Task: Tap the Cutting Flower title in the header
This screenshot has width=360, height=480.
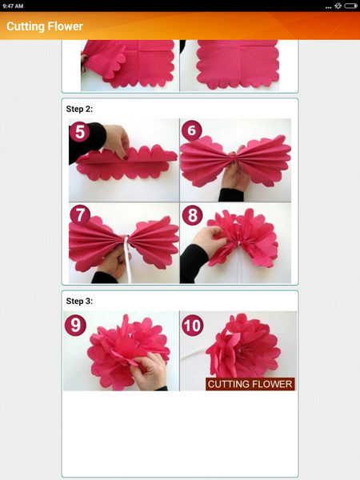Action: (45, 26)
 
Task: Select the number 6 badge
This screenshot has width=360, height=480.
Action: (192, 132)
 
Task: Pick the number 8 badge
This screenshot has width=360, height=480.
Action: (192, 214)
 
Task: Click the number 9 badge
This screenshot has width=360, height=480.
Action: (78, 326)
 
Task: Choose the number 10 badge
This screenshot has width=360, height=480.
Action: (193, 326)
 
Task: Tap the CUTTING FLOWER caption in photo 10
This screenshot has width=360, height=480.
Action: (250, 384)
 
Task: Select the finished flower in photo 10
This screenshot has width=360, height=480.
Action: (240, 346)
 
